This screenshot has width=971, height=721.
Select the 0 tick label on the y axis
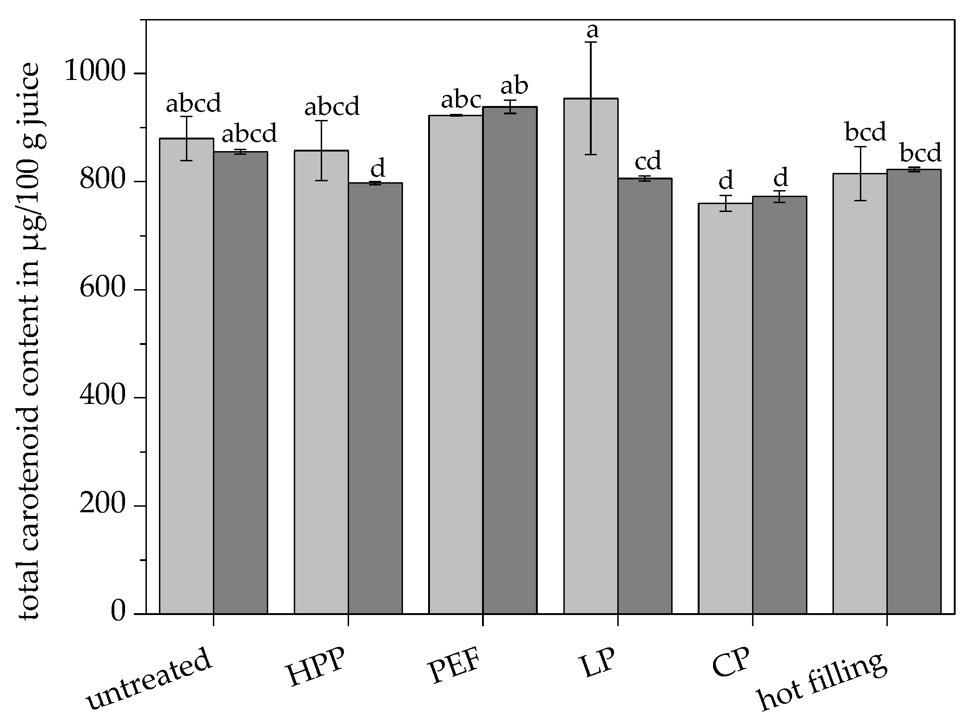click(119, 612)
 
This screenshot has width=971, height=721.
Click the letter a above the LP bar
click(592, 31)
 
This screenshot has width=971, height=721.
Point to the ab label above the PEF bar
click(514, 86)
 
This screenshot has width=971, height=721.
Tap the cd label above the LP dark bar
click(648, 161)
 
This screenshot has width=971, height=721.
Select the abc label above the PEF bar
click(461, 100)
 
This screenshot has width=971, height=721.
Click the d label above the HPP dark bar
click(378, 168)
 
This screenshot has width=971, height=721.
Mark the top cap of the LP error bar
click(591, 42)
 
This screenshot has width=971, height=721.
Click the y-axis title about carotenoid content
click(30, 342)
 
